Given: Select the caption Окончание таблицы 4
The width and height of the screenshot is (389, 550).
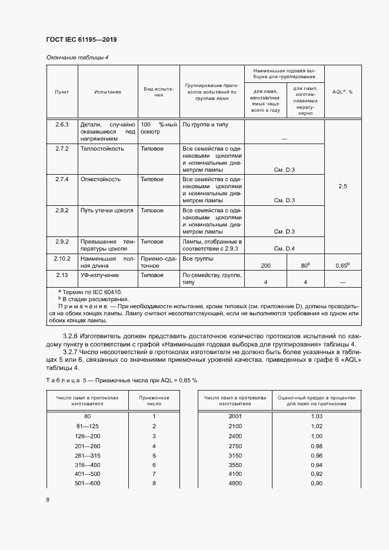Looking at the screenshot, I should click(77, 57).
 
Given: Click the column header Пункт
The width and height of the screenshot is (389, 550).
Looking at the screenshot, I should click(62, 92).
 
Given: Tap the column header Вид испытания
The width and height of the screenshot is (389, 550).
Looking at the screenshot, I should click(158, 92).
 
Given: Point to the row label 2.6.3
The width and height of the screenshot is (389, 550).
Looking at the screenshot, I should click(62, 125).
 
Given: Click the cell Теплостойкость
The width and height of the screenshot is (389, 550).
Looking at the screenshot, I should click(102, 149).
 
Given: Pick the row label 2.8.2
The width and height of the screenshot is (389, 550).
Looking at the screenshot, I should click(62, 210).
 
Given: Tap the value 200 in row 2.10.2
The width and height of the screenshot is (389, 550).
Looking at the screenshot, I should click(265, 266).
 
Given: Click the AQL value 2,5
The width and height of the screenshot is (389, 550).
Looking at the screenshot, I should click(343, 186).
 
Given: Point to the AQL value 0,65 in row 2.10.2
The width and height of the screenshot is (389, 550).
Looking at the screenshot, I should click(342, 266).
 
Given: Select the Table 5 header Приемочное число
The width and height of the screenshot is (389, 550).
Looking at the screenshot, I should click(154, 401).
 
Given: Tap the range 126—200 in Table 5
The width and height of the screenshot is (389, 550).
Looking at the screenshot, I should click(87, 436).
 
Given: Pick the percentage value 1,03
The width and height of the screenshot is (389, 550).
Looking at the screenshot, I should click(316, 416).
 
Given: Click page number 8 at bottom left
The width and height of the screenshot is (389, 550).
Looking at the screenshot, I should click(48, 500).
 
